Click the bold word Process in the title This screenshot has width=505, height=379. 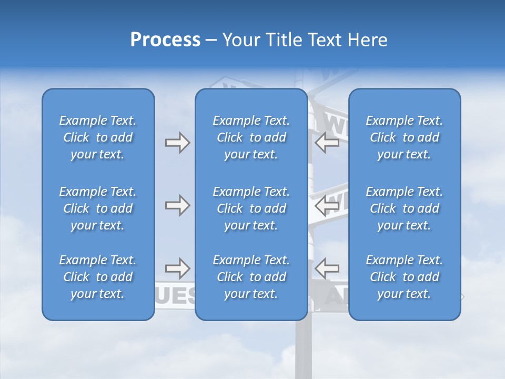point(165,40)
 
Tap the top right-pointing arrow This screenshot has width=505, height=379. point(177,143)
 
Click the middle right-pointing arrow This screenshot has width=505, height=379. point(177,205)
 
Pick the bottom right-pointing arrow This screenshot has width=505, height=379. point(177,269)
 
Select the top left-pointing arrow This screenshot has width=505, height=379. point(327,143)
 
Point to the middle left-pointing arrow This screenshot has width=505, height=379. point(327,205)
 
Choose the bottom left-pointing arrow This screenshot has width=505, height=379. point(327,269)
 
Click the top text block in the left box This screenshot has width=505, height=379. point(98,137)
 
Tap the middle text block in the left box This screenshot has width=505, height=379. point(98,208)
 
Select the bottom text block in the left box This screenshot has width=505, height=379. point(98,277)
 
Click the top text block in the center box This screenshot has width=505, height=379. point(251,137)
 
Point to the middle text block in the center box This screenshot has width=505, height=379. point(251,208)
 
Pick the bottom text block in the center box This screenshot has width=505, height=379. point(251,277)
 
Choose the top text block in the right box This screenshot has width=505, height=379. point(404,137)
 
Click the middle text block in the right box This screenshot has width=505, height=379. point(404,208)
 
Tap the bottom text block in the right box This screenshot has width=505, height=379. point(404,277)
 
